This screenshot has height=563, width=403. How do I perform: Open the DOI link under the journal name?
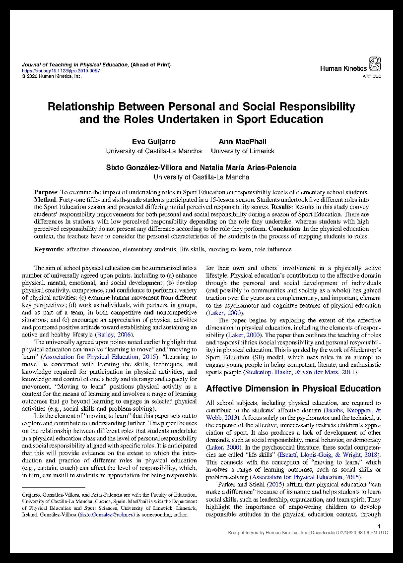[61, 71]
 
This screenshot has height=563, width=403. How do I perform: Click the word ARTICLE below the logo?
[372, 77]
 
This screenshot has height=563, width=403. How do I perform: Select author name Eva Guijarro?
[154, 142]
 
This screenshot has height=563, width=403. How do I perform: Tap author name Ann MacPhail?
[242, 142]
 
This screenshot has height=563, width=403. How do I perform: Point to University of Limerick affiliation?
[242, 151]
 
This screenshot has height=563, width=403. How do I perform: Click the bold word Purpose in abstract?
[46, 192]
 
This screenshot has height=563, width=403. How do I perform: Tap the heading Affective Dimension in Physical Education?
[293, 389]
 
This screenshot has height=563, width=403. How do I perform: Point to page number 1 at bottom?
[379, 526]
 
